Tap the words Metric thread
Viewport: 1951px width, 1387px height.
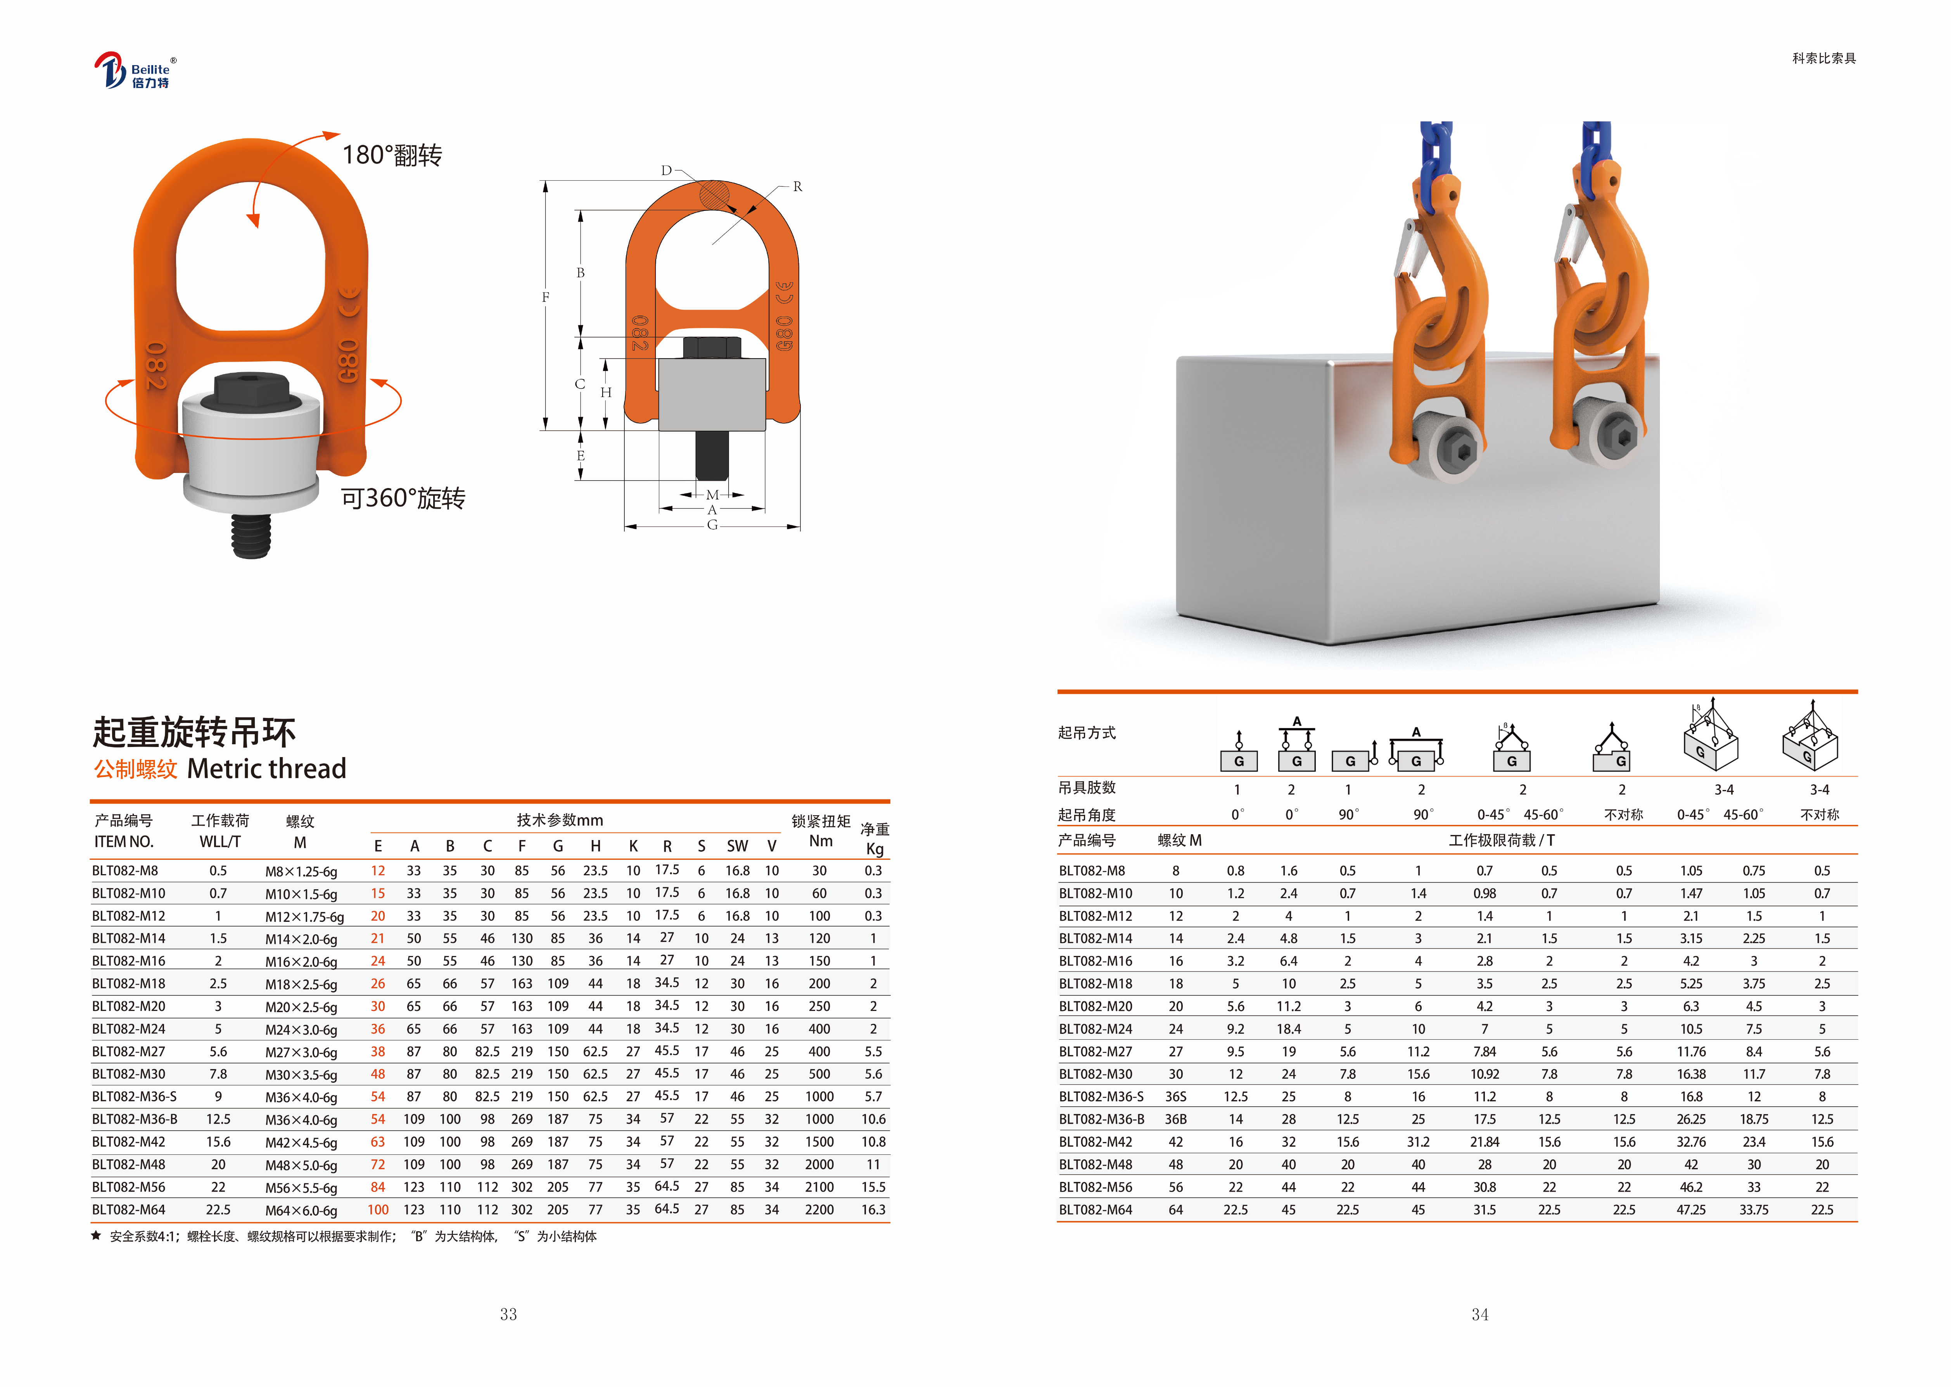tap(266, 769)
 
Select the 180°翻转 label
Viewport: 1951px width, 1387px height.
tap(392, 155)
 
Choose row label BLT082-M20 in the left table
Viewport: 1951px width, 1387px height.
tap(129, 1006)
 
